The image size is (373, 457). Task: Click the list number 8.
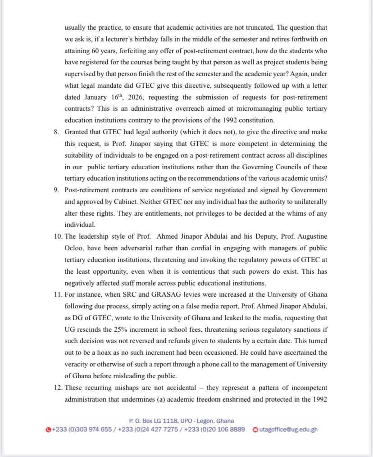(x=56, y=132)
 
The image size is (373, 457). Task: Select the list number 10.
(x=58, y=236)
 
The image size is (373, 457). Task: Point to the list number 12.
(x=58, y=387)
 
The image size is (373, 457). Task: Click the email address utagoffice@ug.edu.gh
(x=288, y=429)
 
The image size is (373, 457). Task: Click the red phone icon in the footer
(x=49, y=430)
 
